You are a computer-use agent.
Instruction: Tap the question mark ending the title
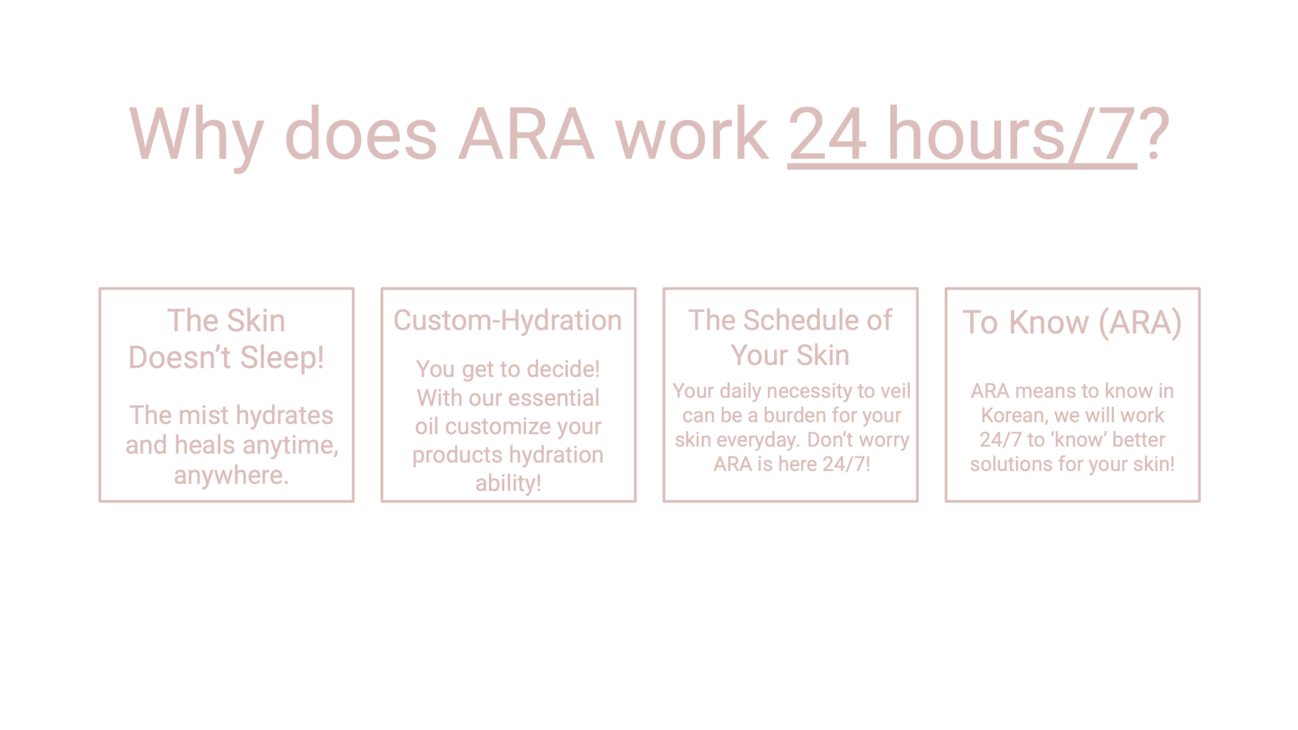(1154, 133)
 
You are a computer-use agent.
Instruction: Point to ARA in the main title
(526, 134)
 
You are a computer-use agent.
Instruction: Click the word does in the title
(361, 133)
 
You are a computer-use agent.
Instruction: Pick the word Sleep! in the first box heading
(282, 358)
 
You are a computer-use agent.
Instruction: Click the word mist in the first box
(204, 415)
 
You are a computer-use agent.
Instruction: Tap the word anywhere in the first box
(231, 475)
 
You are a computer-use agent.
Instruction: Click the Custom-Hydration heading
(508, 320)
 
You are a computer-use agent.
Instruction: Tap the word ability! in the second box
(508, 483)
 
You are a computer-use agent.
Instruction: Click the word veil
(895, 391)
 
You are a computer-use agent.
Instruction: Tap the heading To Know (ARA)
(1072, 322)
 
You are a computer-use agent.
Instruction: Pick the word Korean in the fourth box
(1013, 415)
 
